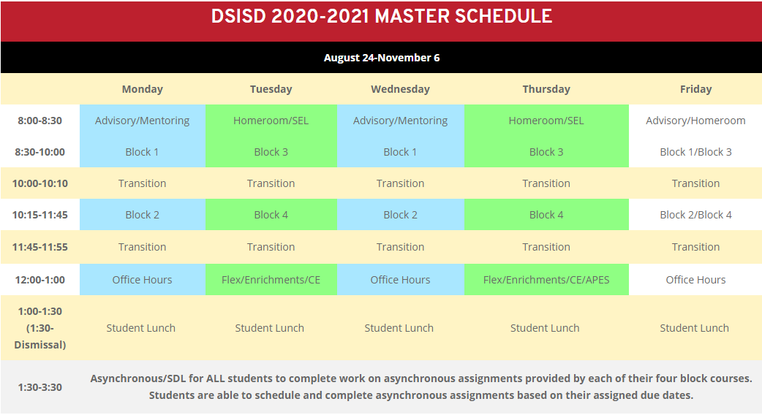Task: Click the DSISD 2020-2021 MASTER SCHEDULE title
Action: point(382,17)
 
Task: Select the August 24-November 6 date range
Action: point(382,58)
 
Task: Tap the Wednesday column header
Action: point(401,89)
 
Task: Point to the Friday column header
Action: point(695,89)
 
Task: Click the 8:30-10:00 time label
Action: point(39,152)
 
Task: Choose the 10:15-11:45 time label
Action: point(39,215)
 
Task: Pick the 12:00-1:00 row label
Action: point(39,280)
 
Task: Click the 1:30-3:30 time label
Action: point(39,387)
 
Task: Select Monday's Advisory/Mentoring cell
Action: point(143,121)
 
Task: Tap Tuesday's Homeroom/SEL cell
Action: point(271,121)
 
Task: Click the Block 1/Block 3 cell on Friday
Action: point(695,152)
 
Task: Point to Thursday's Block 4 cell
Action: point(546,215)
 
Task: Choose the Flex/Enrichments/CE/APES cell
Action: point(546,280)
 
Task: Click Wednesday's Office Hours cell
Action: point(401,280)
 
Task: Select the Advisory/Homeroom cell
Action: point(695,121)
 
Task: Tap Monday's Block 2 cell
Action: point(143,215)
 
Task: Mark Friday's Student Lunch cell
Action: point(695,328)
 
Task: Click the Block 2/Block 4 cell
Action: point(695,215)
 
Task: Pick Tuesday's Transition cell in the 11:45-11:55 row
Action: point(271,247)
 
